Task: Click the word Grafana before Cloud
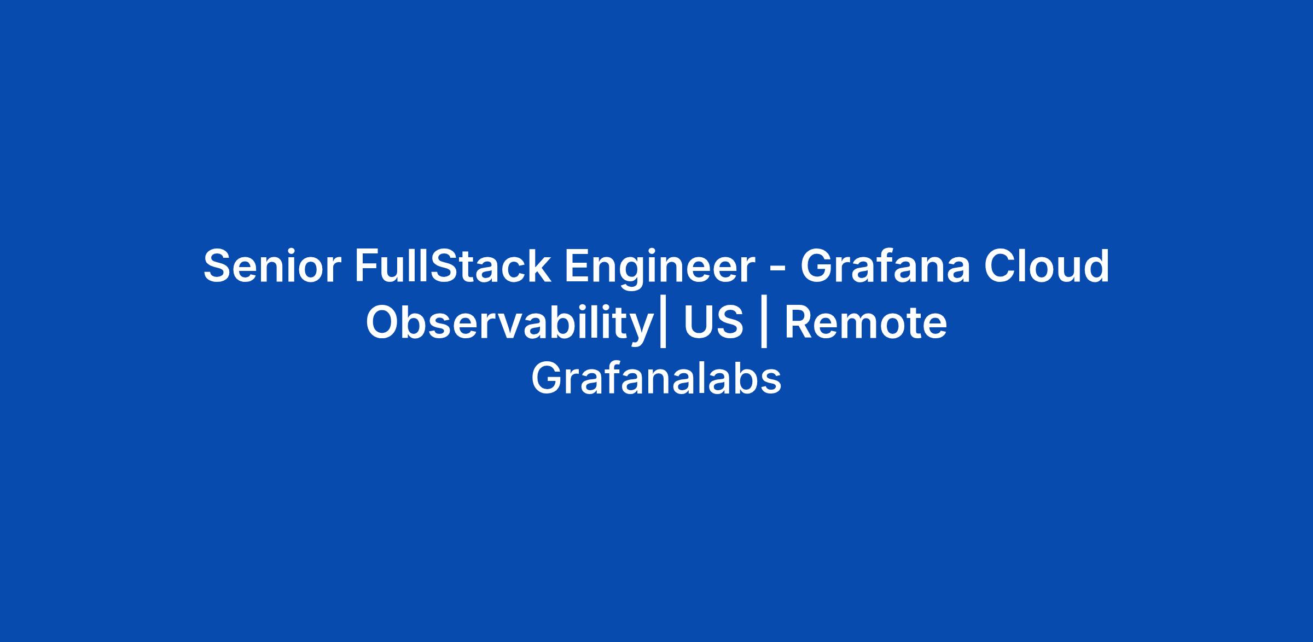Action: [886, 267]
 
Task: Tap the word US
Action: [713, 323]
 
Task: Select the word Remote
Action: [865, 323]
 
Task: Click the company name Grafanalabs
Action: [656, 379]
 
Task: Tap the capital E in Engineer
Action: [577, 267]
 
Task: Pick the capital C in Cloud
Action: [1000, 267]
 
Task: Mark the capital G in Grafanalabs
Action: [548, 379]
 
